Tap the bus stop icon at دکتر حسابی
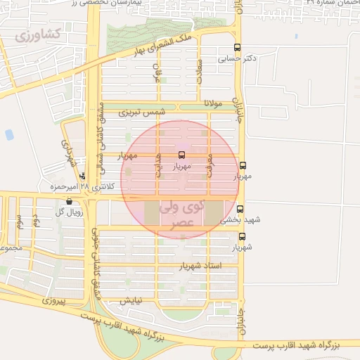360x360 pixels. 237,49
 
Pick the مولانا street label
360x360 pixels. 213,103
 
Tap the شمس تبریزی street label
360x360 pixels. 141,112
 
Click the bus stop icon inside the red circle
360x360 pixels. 182,155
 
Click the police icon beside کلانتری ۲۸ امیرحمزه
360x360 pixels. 83,176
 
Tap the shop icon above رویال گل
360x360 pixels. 68,200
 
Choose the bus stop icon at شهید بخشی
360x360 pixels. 240,209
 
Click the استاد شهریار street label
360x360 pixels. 201,266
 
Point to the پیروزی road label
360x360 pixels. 53,300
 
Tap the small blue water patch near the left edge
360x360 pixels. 9,134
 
